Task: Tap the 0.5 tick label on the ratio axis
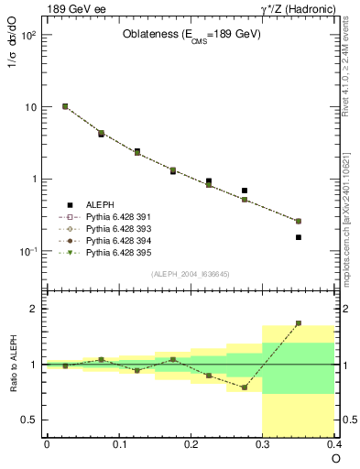point(29,420)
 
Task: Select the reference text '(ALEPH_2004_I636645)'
point(190,274)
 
